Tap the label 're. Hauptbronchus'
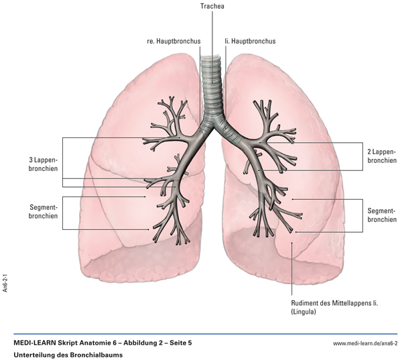click(x=173, y=42)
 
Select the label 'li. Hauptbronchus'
click(x=251, y=42)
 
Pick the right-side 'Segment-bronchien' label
click(x=382, y=215)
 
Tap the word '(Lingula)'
click(x=306, y=313)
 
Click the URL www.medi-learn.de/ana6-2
click(x=365, y=343)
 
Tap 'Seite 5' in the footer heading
click(x=180, y=343)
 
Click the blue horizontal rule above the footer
click(x=201, y=334)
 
